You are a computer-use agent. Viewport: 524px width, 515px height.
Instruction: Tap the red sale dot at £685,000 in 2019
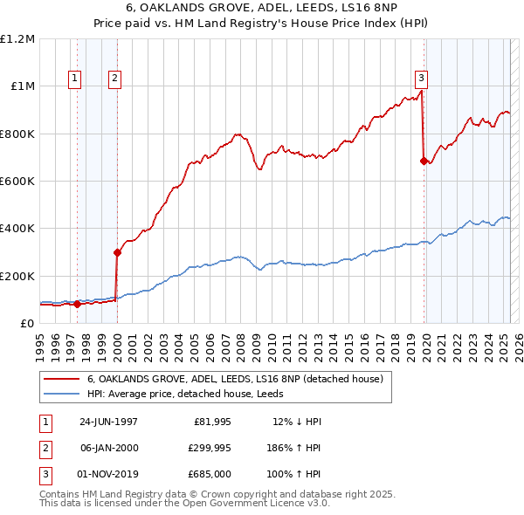pyautogui.click(x=424, y=161)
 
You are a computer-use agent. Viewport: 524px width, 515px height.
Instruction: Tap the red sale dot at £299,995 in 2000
pyautogui.click(x=117, y=252)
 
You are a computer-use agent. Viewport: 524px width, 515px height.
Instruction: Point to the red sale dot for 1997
pyautogui.click(x=77, y=304)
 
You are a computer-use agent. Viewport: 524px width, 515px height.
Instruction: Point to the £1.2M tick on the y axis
pyautogui.click(x=18, y=39)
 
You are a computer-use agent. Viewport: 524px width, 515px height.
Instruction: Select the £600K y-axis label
pyautogui.click(x=18, y=182)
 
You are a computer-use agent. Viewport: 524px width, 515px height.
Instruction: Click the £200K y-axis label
pyautogui.click(x=18, y=276)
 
